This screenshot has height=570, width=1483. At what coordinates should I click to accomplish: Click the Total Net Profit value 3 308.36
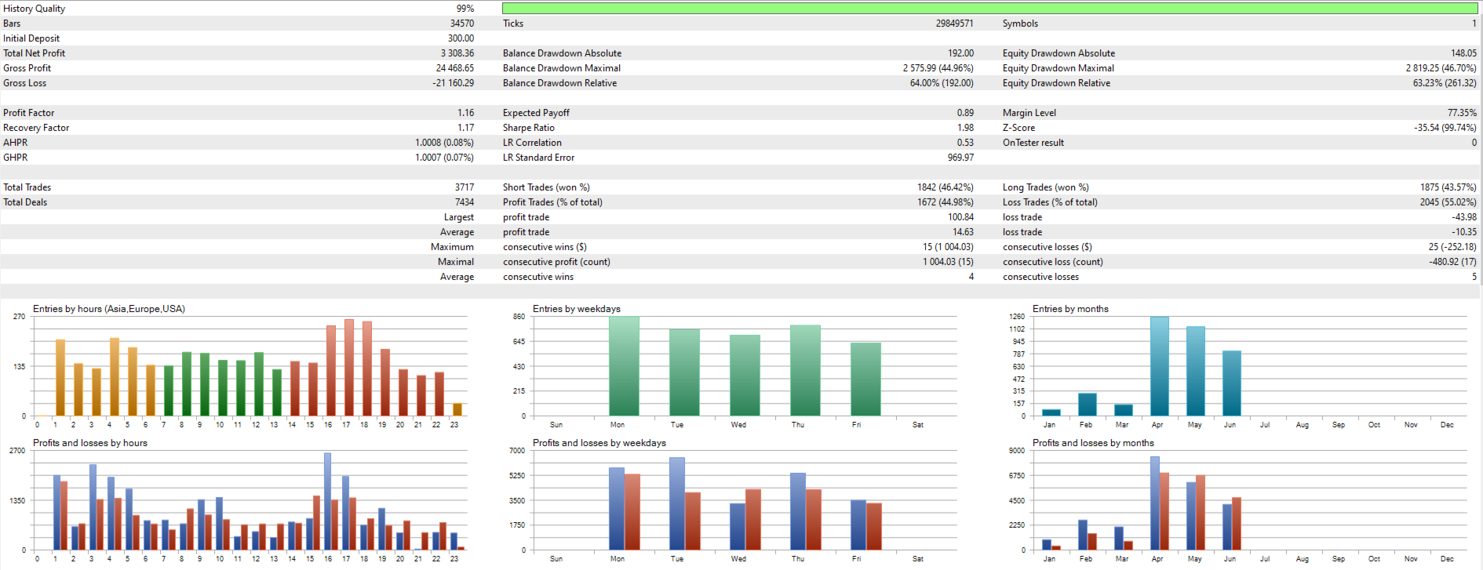(457, 53)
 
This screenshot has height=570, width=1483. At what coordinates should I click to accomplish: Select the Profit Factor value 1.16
(465, 113)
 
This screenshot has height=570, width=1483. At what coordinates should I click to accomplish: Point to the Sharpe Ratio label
(528, 128)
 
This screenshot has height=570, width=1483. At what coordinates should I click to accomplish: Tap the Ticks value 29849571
(954, 24)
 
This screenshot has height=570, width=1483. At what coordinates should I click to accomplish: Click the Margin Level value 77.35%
(1461, 113)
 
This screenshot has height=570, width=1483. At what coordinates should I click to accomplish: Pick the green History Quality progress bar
(989, 9)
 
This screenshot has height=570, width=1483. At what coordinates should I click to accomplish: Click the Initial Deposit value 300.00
(461, 38)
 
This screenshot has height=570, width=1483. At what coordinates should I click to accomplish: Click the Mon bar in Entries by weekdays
(624, 366)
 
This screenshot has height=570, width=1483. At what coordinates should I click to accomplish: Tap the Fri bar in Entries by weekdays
(865, 379)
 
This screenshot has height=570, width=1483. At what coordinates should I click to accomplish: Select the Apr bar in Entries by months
(1159, 366)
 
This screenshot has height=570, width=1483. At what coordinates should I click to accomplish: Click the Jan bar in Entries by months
(1051, 412)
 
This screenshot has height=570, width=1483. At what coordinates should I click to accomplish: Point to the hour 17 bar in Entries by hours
(348, 368)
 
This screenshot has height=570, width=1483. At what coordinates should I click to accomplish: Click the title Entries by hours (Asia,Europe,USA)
(109, 309)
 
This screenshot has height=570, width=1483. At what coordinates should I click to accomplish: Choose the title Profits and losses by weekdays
(599, 443)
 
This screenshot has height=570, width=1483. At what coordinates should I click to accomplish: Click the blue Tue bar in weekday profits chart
(676, 503)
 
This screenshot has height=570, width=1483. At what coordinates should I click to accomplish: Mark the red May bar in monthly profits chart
(1200, 512)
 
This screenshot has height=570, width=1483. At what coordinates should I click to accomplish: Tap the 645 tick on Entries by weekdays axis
(519, 342)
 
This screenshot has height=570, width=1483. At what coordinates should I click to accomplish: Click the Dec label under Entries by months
(1447, 425)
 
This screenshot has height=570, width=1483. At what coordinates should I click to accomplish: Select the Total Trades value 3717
(464, 187)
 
